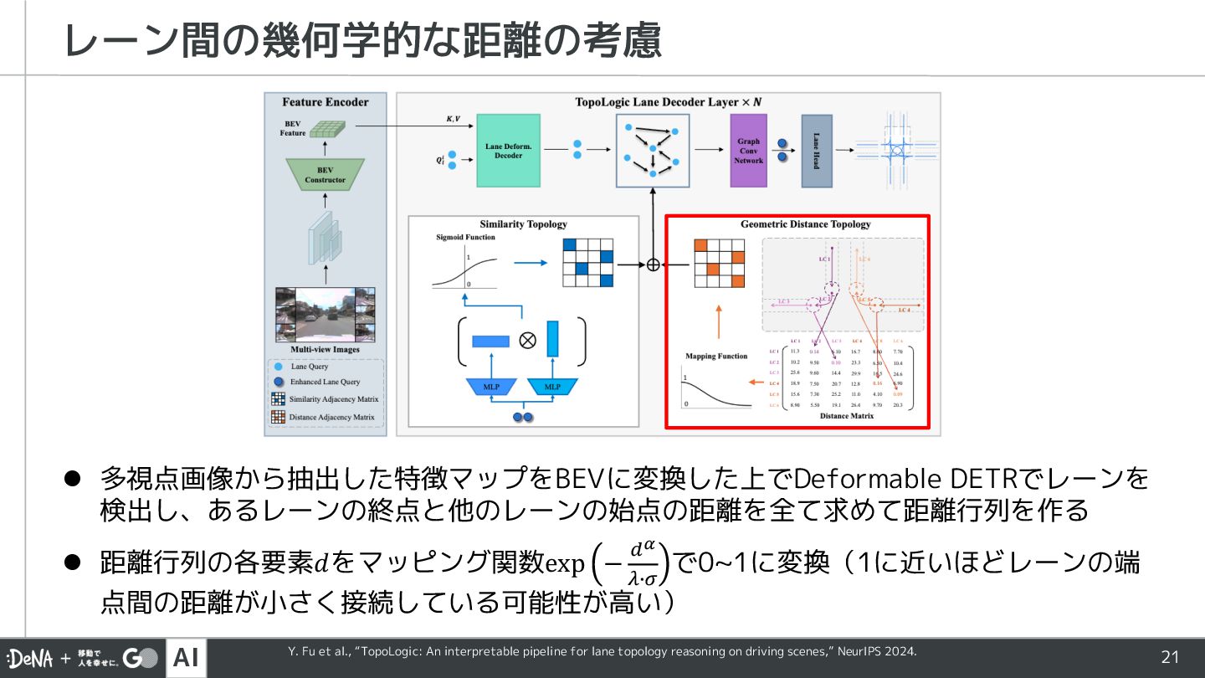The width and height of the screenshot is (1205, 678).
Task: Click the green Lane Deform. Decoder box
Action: click(x=508, y=150)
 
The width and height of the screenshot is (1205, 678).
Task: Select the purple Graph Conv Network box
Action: click(x=748, y=151)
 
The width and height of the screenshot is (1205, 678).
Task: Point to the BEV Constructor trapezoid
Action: click(x=325, y=174)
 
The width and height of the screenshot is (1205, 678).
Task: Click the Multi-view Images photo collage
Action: click(x=325, y=314)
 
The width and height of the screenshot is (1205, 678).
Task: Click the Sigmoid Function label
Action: click(x=465, y=238)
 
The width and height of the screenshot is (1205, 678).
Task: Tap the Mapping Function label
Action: click(x=715, y=356)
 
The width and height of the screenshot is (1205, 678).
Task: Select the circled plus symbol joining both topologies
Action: click(x=654, y=264)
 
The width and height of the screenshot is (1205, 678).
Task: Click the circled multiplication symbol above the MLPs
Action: click(x=526, y=340)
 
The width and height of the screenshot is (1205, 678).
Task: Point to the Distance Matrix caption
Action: click(x=846, y=416)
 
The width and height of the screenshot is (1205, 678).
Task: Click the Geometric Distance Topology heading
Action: click(x=805, y=224)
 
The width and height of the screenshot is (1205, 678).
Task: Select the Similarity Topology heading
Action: click(x=523, y=224)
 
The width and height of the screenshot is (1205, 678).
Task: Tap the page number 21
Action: click(x=1169, y=658)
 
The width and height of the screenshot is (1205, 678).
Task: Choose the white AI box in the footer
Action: click(x=186, y=658)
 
